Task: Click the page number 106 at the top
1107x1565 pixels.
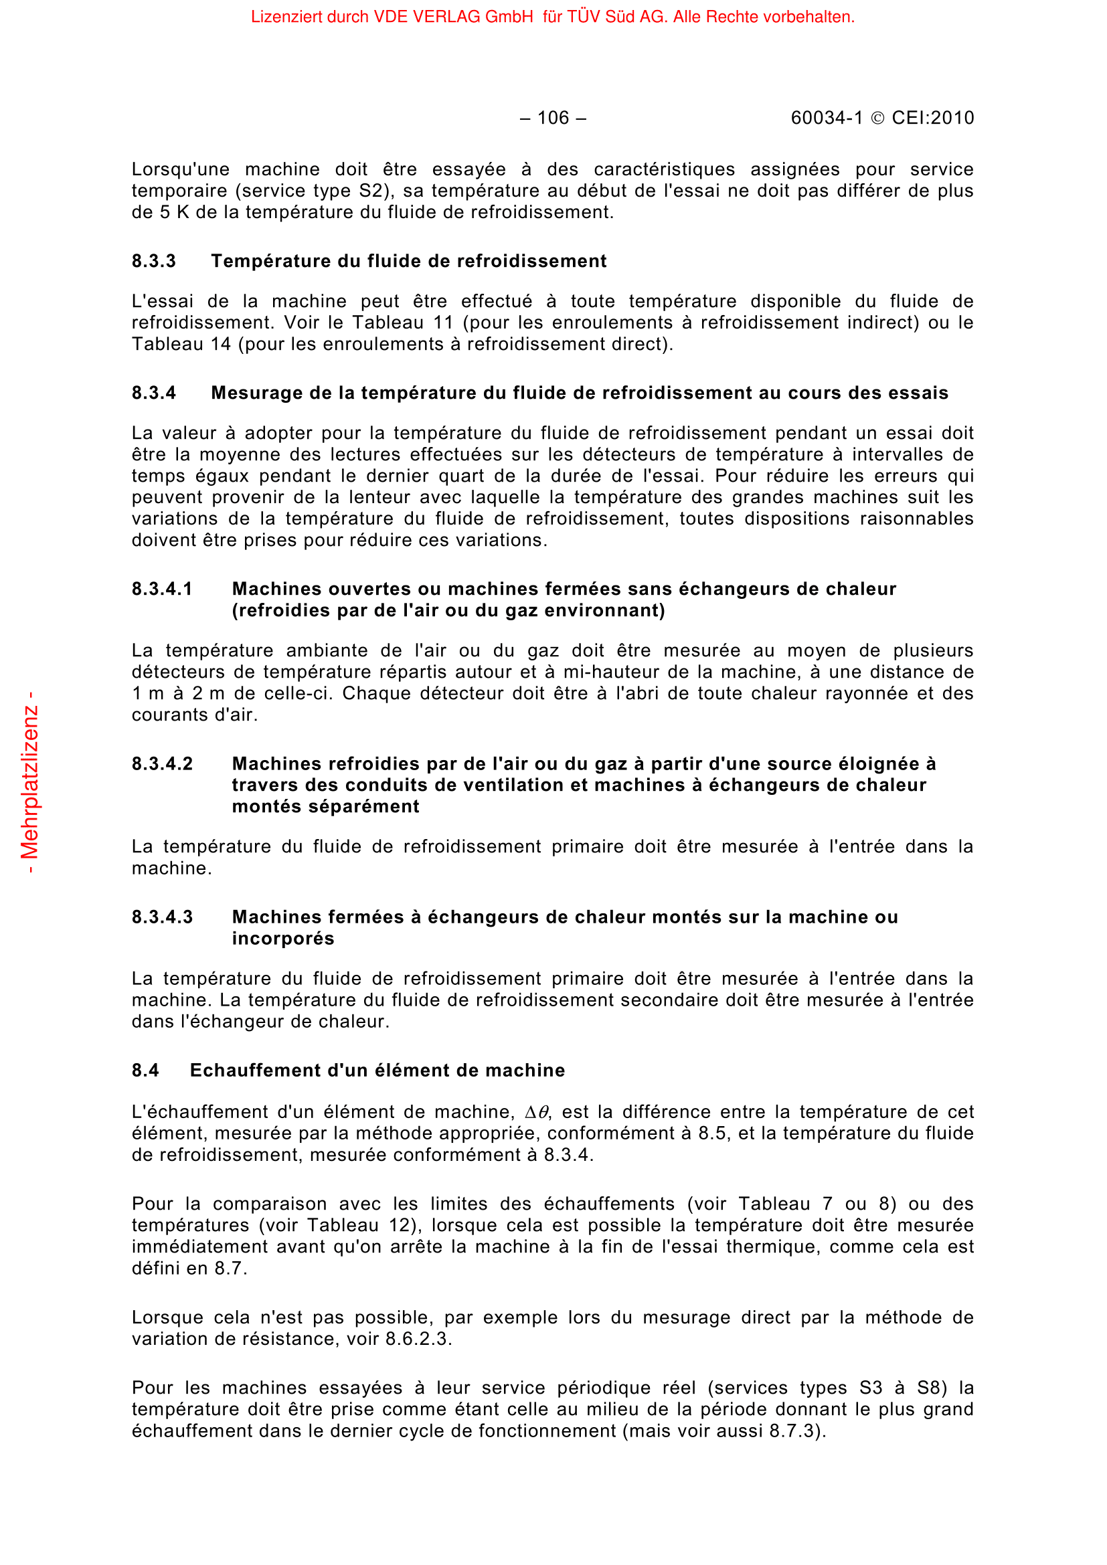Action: [x=553, y=118]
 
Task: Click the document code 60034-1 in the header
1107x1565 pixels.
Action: [x=826, y=118]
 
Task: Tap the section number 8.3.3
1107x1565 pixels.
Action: [x=153, y=261]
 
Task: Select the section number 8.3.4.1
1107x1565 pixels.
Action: [x=162, y=589]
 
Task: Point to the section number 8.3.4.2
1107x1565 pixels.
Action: [x=162, y=763]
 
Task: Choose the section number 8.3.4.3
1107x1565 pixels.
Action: [x=162, y=917]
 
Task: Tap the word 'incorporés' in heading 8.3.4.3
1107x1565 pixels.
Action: [x=283, y=939]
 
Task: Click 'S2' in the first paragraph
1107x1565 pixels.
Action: [x=371, y=191]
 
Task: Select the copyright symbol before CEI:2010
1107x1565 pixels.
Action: [x=878, y=118]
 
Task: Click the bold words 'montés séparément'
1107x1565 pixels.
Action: [x=325, y=806]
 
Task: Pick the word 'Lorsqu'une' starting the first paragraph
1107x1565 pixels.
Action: [x=181, y=169]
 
